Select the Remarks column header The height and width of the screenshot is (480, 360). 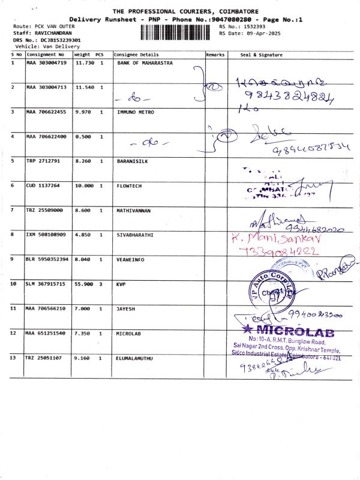click(x=215, y=55)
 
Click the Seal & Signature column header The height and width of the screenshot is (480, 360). click(x=261, y=55)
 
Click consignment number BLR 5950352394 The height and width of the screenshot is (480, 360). click(x=47, y=260)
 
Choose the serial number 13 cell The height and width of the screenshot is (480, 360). click(x=14, y=358)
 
